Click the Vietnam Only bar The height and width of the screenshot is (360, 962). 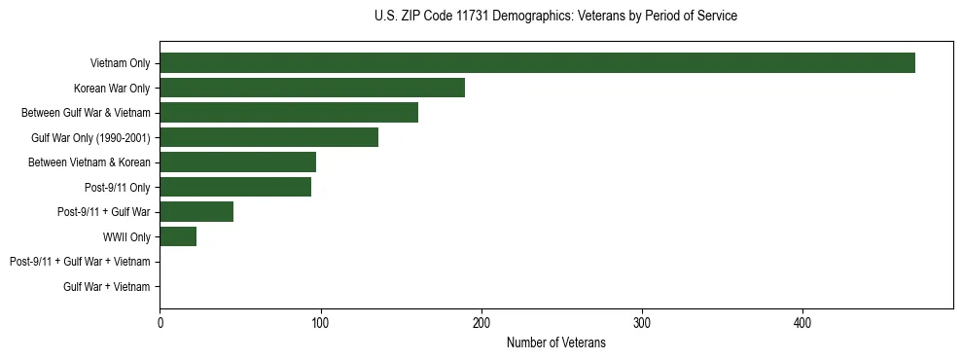[537, 63]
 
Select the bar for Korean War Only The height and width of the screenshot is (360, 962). [312, 89]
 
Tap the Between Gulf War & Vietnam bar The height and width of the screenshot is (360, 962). [289, 113]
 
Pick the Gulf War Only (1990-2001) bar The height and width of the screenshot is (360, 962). [268, 137]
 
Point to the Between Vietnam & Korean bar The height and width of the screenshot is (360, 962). [237, 162]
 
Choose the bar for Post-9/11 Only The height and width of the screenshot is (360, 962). [235, 187]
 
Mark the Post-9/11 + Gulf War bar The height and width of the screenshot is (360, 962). [196, 212]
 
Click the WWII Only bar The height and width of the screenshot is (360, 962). [178, 236]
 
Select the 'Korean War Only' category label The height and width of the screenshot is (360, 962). [112, 89]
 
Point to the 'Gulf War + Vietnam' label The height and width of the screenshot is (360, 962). [107, 287]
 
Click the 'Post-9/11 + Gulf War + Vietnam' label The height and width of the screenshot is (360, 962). [80, 262]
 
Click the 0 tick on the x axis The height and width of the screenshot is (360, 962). [160, 322]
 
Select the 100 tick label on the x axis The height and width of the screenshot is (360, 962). [320, 322]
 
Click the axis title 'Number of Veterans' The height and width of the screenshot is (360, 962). [555, 342]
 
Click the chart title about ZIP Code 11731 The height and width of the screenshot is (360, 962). [555, 17]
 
